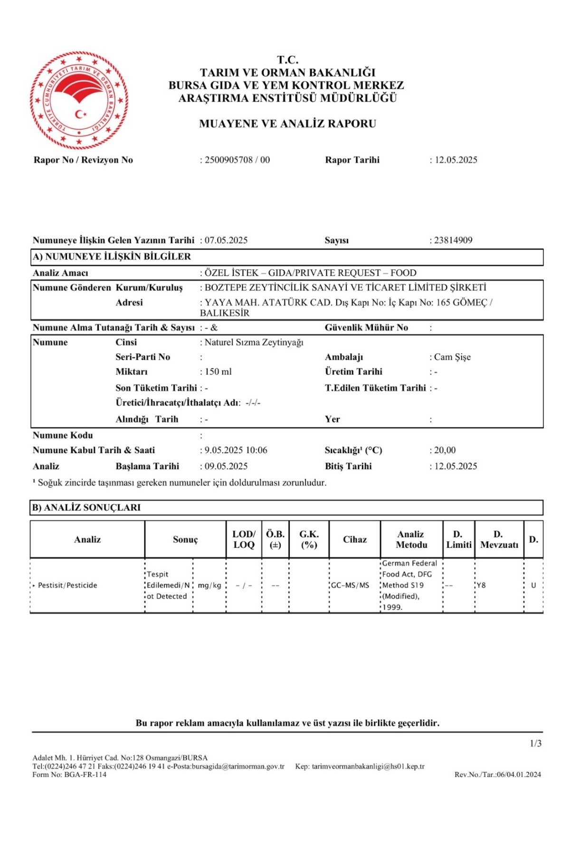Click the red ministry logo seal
[79, 100]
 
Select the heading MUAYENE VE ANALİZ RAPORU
[287, 124]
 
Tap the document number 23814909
[453, 240]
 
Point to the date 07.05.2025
[226, 240]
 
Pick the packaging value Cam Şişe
[452, 357]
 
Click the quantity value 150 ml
[218, 371]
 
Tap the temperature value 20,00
[445, 450]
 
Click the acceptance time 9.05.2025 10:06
[236, 450]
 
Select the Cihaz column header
[355, 539]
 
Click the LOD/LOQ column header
[244, 539]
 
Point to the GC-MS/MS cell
[350, 585]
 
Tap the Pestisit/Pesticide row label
[67, 585]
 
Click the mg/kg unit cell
[209, 585]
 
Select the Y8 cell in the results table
[481, 585]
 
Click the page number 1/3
[535, 743]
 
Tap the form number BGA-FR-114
[85, 775]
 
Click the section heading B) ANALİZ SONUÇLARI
[86, 508]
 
